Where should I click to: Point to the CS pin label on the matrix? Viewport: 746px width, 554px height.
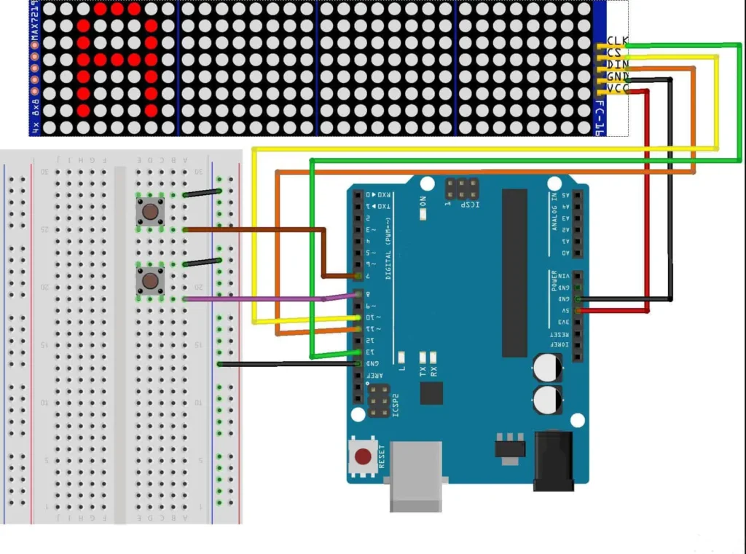coord(614,52)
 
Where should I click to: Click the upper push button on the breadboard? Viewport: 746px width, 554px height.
coord(150,212)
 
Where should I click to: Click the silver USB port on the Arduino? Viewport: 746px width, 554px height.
coord(416,476)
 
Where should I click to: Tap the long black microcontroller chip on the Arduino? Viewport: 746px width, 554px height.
coord(514,273)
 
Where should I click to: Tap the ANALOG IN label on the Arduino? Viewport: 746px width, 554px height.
coord(554,207)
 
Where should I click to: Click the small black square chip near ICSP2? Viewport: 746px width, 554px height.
coord(431,393)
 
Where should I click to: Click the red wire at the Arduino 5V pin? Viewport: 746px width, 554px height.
coord(612,311)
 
